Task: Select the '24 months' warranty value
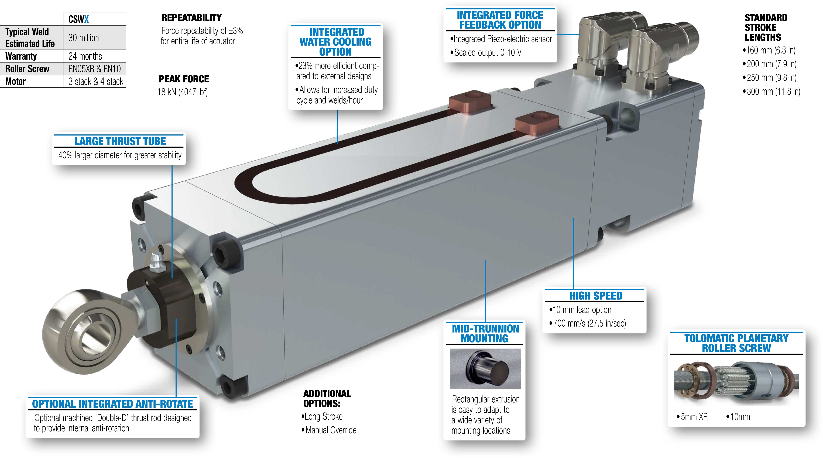point(85,56)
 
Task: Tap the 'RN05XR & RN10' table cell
point(95,69)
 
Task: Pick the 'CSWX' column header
point(79,19)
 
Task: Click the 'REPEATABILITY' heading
point(191,18)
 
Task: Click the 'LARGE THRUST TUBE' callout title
point(120,141)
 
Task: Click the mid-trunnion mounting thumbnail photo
point(485,368)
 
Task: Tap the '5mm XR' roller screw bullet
point(692,417)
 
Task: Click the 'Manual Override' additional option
point(329,430)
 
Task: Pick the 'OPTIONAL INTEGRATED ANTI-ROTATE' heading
point(112,404)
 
